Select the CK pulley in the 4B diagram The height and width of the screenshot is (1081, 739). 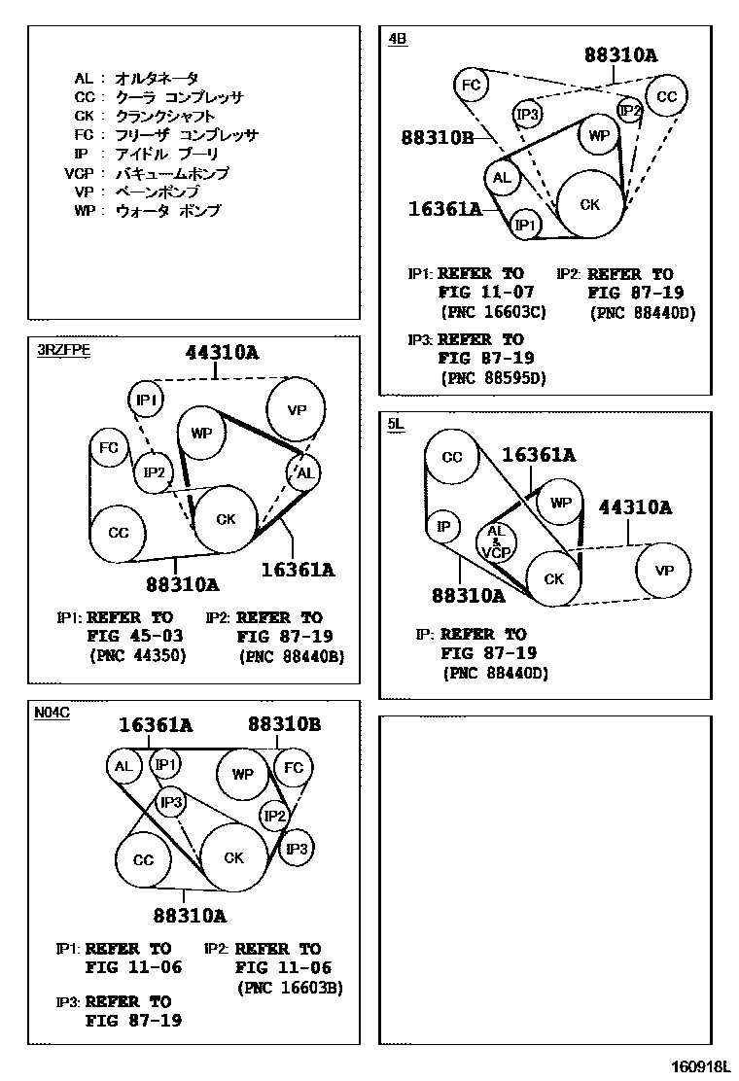click(x=589, y=204)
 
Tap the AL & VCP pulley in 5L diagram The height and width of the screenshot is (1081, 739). click(x=496, y=541)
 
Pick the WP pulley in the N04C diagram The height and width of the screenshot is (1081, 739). click(x=242, y=775)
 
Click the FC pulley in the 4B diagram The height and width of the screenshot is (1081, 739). click(x=472, y=85)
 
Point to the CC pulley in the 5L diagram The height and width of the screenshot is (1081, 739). click(x=452, y=458)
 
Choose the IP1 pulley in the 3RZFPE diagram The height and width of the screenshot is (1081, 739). click(x=147, y=399)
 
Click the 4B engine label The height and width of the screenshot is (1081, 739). click(x=397, y=39)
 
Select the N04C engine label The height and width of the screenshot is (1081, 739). click(x=52, y=713)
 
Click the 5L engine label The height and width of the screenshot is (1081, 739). click(x=395, y=424)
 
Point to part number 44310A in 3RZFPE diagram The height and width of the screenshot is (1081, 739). click(x=222, y=353)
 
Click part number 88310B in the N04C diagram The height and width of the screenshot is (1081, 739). click(x=284, y=724)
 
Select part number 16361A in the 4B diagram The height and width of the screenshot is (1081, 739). click(x=445, y=207)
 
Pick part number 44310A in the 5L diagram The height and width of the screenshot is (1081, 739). click(x=634, y=507)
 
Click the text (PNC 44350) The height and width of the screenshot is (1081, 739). click(x=136, y=655)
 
